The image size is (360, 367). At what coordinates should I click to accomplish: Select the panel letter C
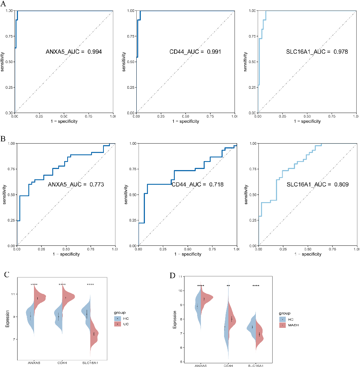click(x=7, y=275)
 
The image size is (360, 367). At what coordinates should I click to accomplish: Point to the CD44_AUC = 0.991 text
click(x=195, y=52)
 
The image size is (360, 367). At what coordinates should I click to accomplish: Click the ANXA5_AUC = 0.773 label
click(x=76, y=184)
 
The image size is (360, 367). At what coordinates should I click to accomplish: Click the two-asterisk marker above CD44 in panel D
click(x=228, y=286)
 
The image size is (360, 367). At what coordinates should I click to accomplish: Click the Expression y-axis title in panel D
click(x=174, y=320)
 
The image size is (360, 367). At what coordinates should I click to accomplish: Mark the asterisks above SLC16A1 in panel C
click(x=90, y=285)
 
